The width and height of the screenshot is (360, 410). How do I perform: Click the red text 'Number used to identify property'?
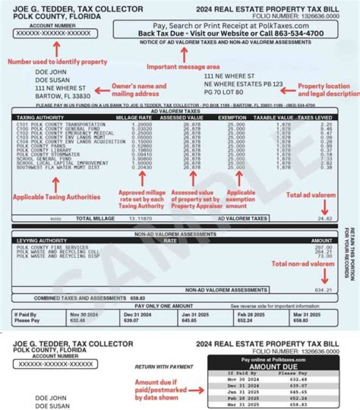pyautogui.click(x=57, y=62)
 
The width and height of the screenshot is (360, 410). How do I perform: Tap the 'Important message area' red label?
pyautogui.click(x=183, y=67)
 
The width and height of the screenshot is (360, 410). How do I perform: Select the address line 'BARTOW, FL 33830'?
pyautogui.click(x=62, y=96)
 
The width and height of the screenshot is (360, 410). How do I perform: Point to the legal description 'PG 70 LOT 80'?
pyautogui.click(x=223, y=92)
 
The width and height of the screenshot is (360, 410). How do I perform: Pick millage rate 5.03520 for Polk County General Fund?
pyautogui.click(x=141, y=128)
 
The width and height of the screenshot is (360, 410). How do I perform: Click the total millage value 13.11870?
pyautogui.click(x=141, y=219)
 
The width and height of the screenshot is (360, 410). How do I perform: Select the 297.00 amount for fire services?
pyautogui.click(x=323, y=247)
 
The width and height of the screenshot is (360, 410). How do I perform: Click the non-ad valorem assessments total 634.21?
pyautogui.click(x=323, y=290)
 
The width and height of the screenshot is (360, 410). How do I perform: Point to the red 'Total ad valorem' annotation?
pyautogui.click(x=310, y=195)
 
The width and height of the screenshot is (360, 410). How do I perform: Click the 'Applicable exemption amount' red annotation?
pyautogui.click(x=240, y=199)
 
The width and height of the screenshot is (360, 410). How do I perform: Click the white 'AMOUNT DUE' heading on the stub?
pyautogui.click(x=273, y=366)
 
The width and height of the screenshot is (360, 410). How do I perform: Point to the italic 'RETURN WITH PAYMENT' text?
pyautogui.click(x=163, y=367)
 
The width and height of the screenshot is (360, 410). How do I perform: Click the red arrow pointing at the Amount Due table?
pyautogui.click(x=195, y=390)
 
